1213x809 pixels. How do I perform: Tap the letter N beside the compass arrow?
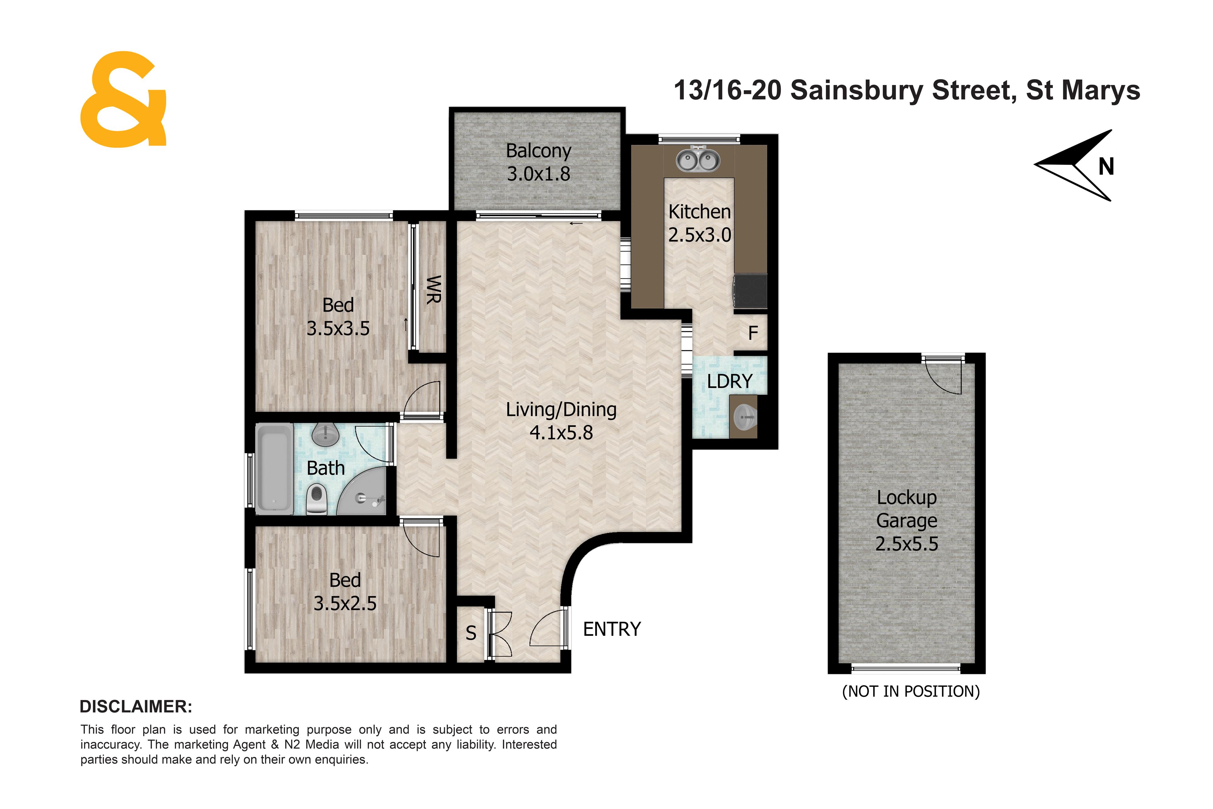pos(1106,167)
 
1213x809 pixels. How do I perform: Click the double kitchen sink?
pos(698,160)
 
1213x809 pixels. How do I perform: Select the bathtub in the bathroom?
pos(275,468)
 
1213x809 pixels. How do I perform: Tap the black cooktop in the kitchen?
pos(750,292)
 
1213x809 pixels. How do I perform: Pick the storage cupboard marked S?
pos(471,633)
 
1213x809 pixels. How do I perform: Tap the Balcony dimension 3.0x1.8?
pos(539,174)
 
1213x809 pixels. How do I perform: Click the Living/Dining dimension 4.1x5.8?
pos(561,432)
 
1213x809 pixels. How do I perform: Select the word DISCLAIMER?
pos(136,706)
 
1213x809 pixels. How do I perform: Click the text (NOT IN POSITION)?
pos(911,691)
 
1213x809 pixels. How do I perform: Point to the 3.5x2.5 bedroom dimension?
pos(345,603)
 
